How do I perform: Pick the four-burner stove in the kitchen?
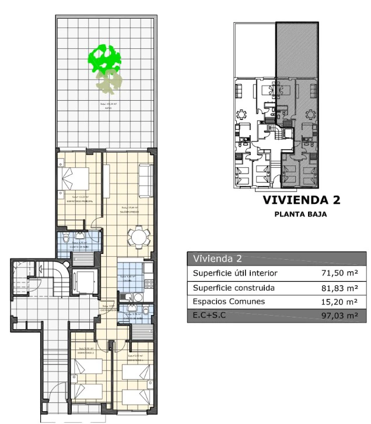click(x=148, y=284)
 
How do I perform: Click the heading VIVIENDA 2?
click(x=301, y=200)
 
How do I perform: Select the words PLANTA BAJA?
click(x=300, y=214)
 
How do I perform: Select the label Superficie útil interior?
click(x=235, y=273)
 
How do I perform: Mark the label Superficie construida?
click(x=233, y=288)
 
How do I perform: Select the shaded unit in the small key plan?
click(x=297, y=105)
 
